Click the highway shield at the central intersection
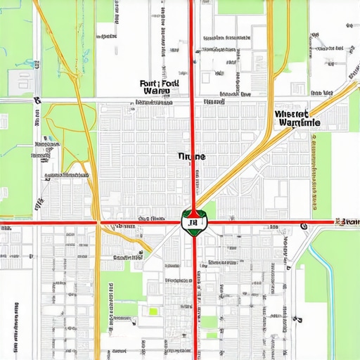click(x=190, y=222)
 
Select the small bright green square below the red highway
click(x=153, y=311)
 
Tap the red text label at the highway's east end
click(x=347, y=222)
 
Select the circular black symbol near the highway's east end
click(x=304, y=226)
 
